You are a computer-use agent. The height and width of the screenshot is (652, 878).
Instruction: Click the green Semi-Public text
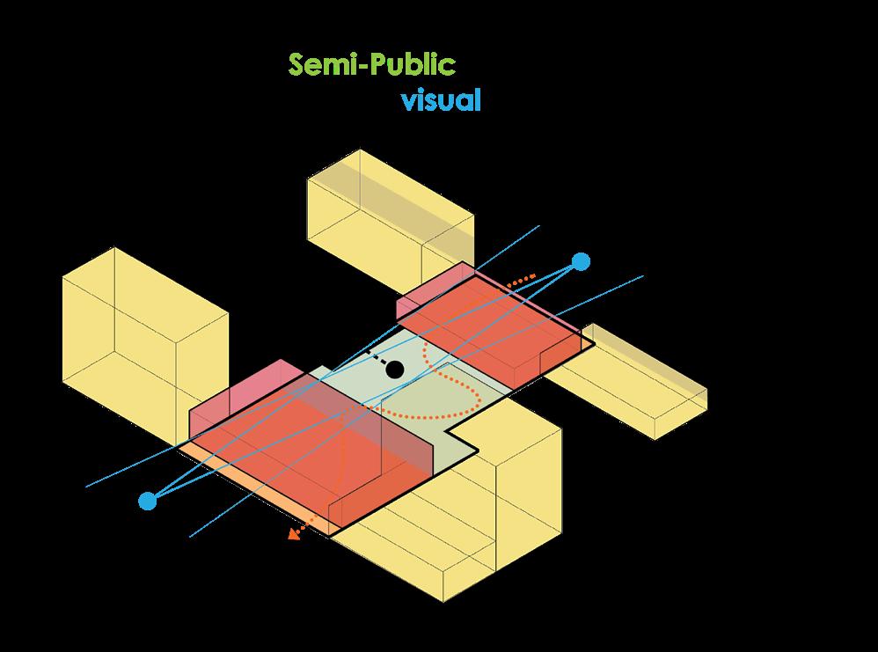pos(372,65)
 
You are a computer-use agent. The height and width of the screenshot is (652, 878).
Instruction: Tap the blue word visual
pos(441,100)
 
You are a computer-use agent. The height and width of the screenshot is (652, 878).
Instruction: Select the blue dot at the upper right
pos(581,261)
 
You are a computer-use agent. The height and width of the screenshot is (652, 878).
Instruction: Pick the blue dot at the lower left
pos(148,501)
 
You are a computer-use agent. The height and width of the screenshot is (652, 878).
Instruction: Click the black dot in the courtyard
pos(395,370)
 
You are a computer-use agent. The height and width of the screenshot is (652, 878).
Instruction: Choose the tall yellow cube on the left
pos(141,334)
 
